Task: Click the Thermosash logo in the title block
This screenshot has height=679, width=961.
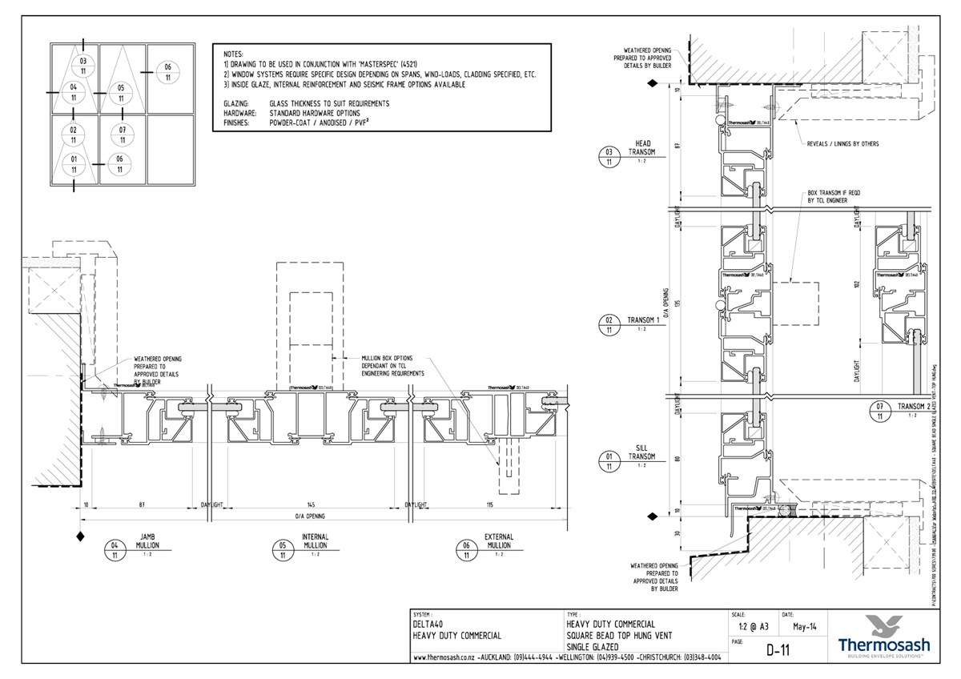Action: (x=883, y=636)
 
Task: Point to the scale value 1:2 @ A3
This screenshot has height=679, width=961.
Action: (x=747, y=627)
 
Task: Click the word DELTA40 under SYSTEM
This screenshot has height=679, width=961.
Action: (x=431, y=624)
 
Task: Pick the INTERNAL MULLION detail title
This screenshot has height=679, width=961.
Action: (x=315, y=541)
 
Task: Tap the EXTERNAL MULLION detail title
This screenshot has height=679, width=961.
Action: (x=499, y=541)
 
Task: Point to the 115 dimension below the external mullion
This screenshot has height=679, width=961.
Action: (x=490, y=505)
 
